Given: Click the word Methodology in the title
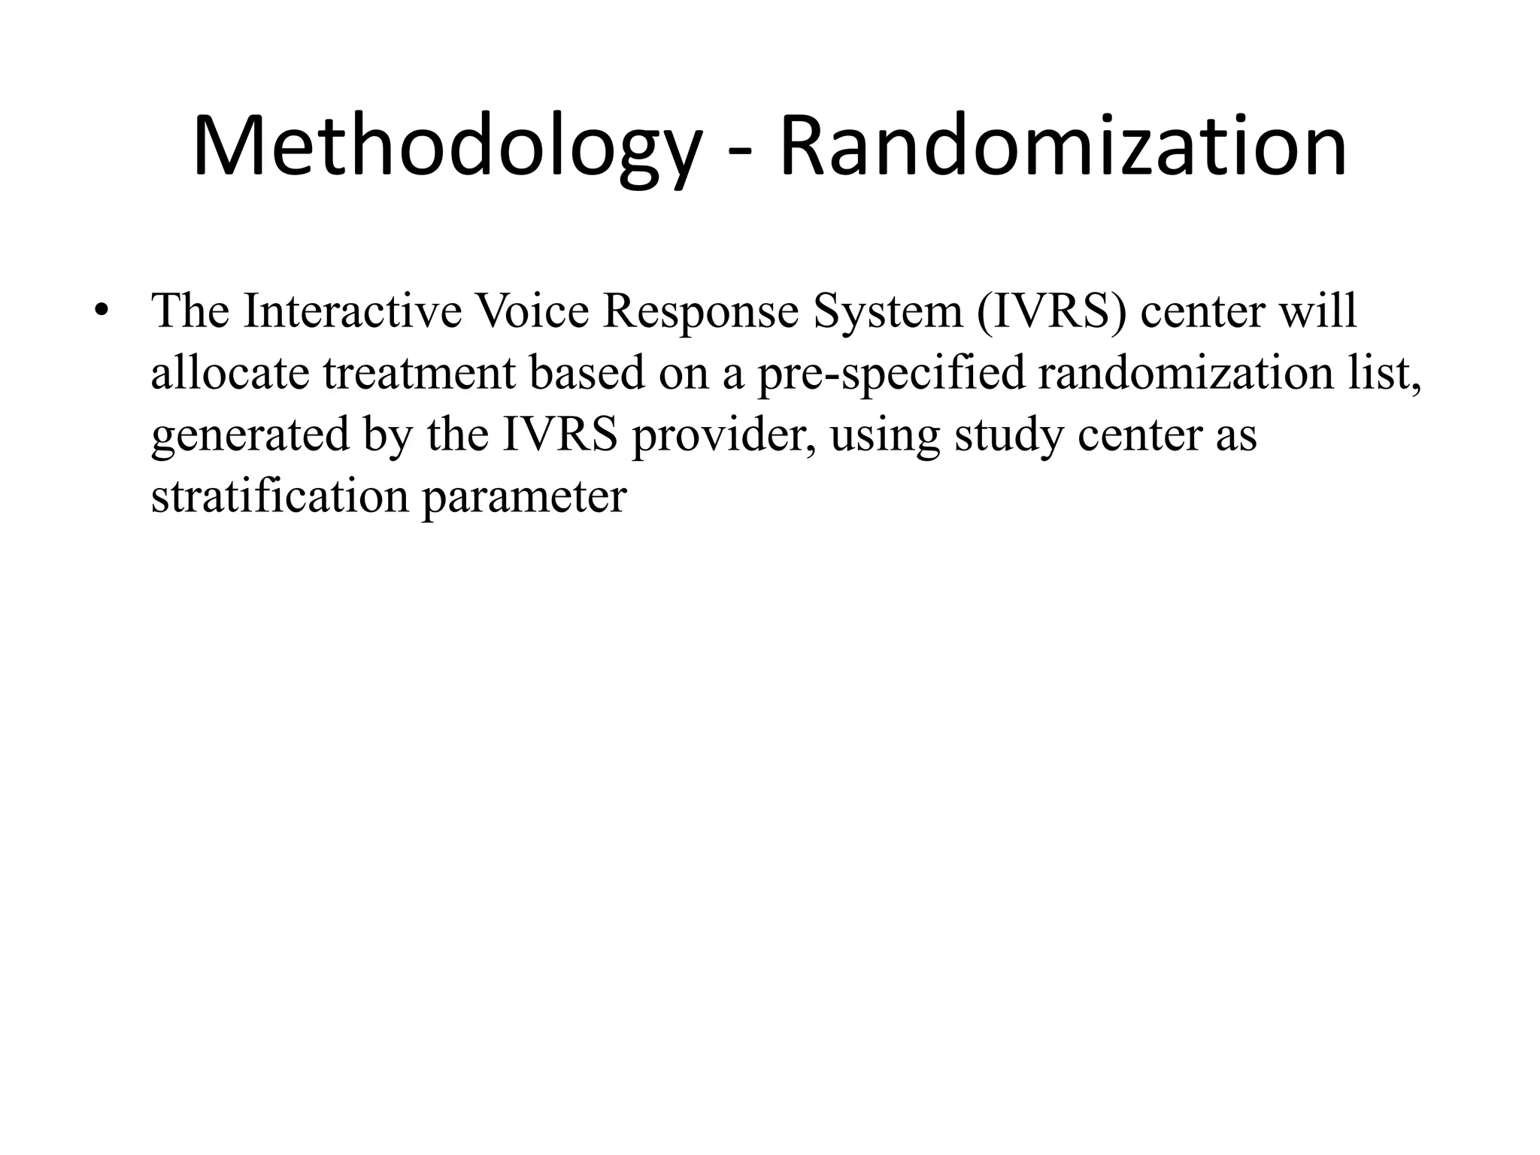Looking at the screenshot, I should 447,147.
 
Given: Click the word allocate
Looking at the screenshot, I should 230,373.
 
